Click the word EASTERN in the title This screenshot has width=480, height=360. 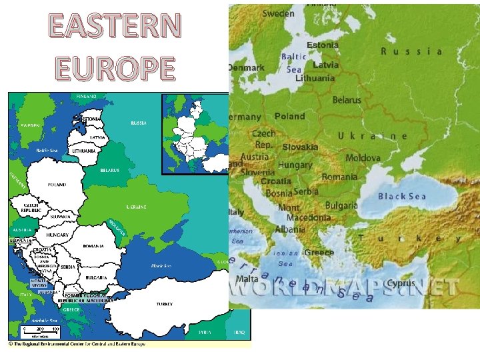coord(115,26)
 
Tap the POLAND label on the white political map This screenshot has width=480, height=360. coord(56,184)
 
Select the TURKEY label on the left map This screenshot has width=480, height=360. coord(165,304)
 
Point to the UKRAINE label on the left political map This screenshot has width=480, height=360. coord(137,207)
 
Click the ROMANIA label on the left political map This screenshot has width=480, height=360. coord(93,246)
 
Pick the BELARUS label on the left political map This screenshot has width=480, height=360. coord(110,170)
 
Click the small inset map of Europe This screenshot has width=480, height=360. coord(195,134)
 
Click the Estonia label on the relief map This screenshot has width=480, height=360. coord(323,45)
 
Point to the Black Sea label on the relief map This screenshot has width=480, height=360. coord(401,196)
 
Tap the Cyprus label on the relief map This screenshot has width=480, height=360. coord(401,283)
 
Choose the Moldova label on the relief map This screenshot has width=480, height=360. coord(363,158)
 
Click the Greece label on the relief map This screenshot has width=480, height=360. coord(319,253)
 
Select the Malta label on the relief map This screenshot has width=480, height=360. coord(247,279)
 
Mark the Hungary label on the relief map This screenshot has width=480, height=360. coord(295,165)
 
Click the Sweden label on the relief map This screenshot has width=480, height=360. coord(278,13)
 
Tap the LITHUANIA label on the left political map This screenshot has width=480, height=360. coord(84,151)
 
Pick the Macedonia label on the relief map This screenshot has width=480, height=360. coord(308,217)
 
